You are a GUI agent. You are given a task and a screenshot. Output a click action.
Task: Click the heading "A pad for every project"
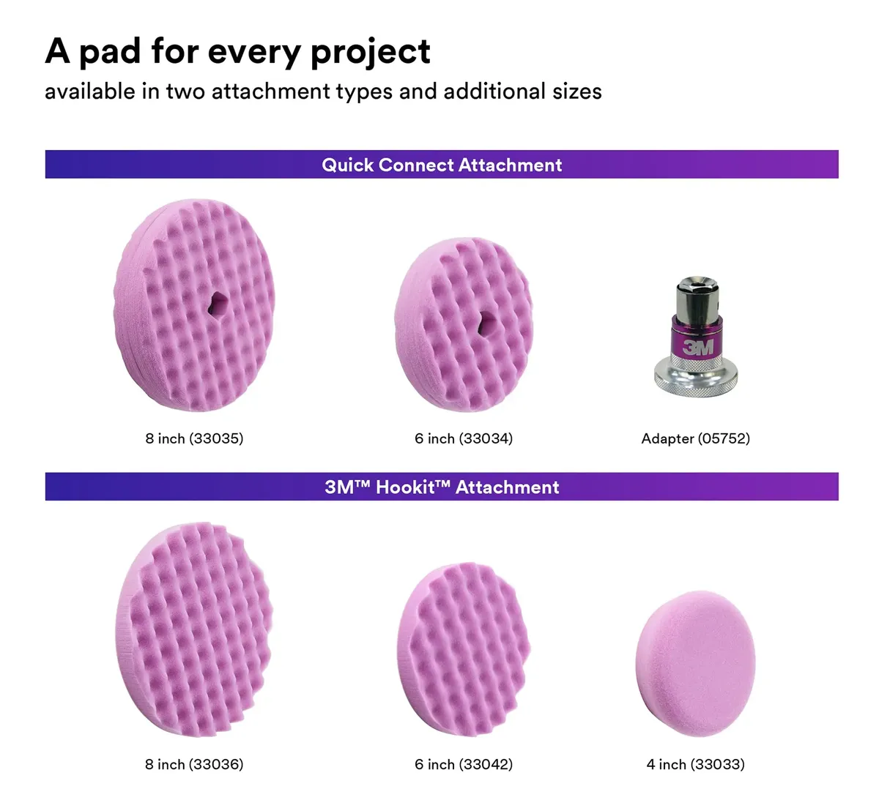pos(237,52)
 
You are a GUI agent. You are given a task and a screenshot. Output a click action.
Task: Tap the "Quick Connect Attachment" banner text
pos(441,165)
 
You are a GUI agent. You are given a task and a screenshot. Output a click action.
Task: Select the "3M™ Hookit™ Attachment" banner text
pos(441,487)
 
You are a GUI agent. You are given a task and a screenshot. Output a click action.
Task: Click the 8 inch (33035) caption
pos(194,438)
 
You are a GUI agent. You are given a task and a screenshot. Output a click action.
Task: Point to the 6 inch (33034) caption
pos(464,438)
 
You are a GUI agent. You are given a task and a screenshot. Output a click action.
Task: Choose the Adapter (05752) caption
pos(695,438)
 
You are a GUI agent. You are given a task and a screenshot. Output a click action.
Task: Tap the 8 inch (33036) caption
pos(194,764)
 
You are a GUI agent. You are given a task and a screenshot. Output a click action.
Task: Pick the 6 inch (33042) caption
pos(464,764)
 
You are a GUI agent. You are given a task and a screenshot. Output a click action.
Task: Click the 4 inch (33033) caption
pos(695,764)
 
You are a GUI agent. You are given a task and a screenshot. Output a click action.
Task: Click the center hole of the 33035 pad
pos(217,304)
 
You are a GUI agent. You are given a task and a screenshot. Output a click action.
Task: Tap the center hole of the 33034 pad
pos(486,323)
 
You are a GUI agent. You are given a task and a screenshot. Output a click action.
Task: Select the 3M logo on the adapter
pos(697,347)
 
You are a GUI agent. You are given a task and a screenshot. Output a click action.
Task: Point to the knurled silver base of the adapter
pos(696,377)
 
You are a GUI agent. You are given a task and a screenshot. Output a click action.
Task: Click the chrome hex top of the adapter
pos(697,298)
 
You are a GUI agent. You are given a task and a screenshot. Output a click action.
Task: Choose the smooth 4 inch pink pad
pos(695,664)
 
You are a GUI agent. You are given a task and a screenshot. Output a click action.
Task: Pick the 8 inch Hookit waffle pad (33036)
pos(194,629)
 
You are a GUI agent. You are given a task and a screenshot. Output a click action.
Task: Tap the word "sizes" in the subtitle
pos(577,91)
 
